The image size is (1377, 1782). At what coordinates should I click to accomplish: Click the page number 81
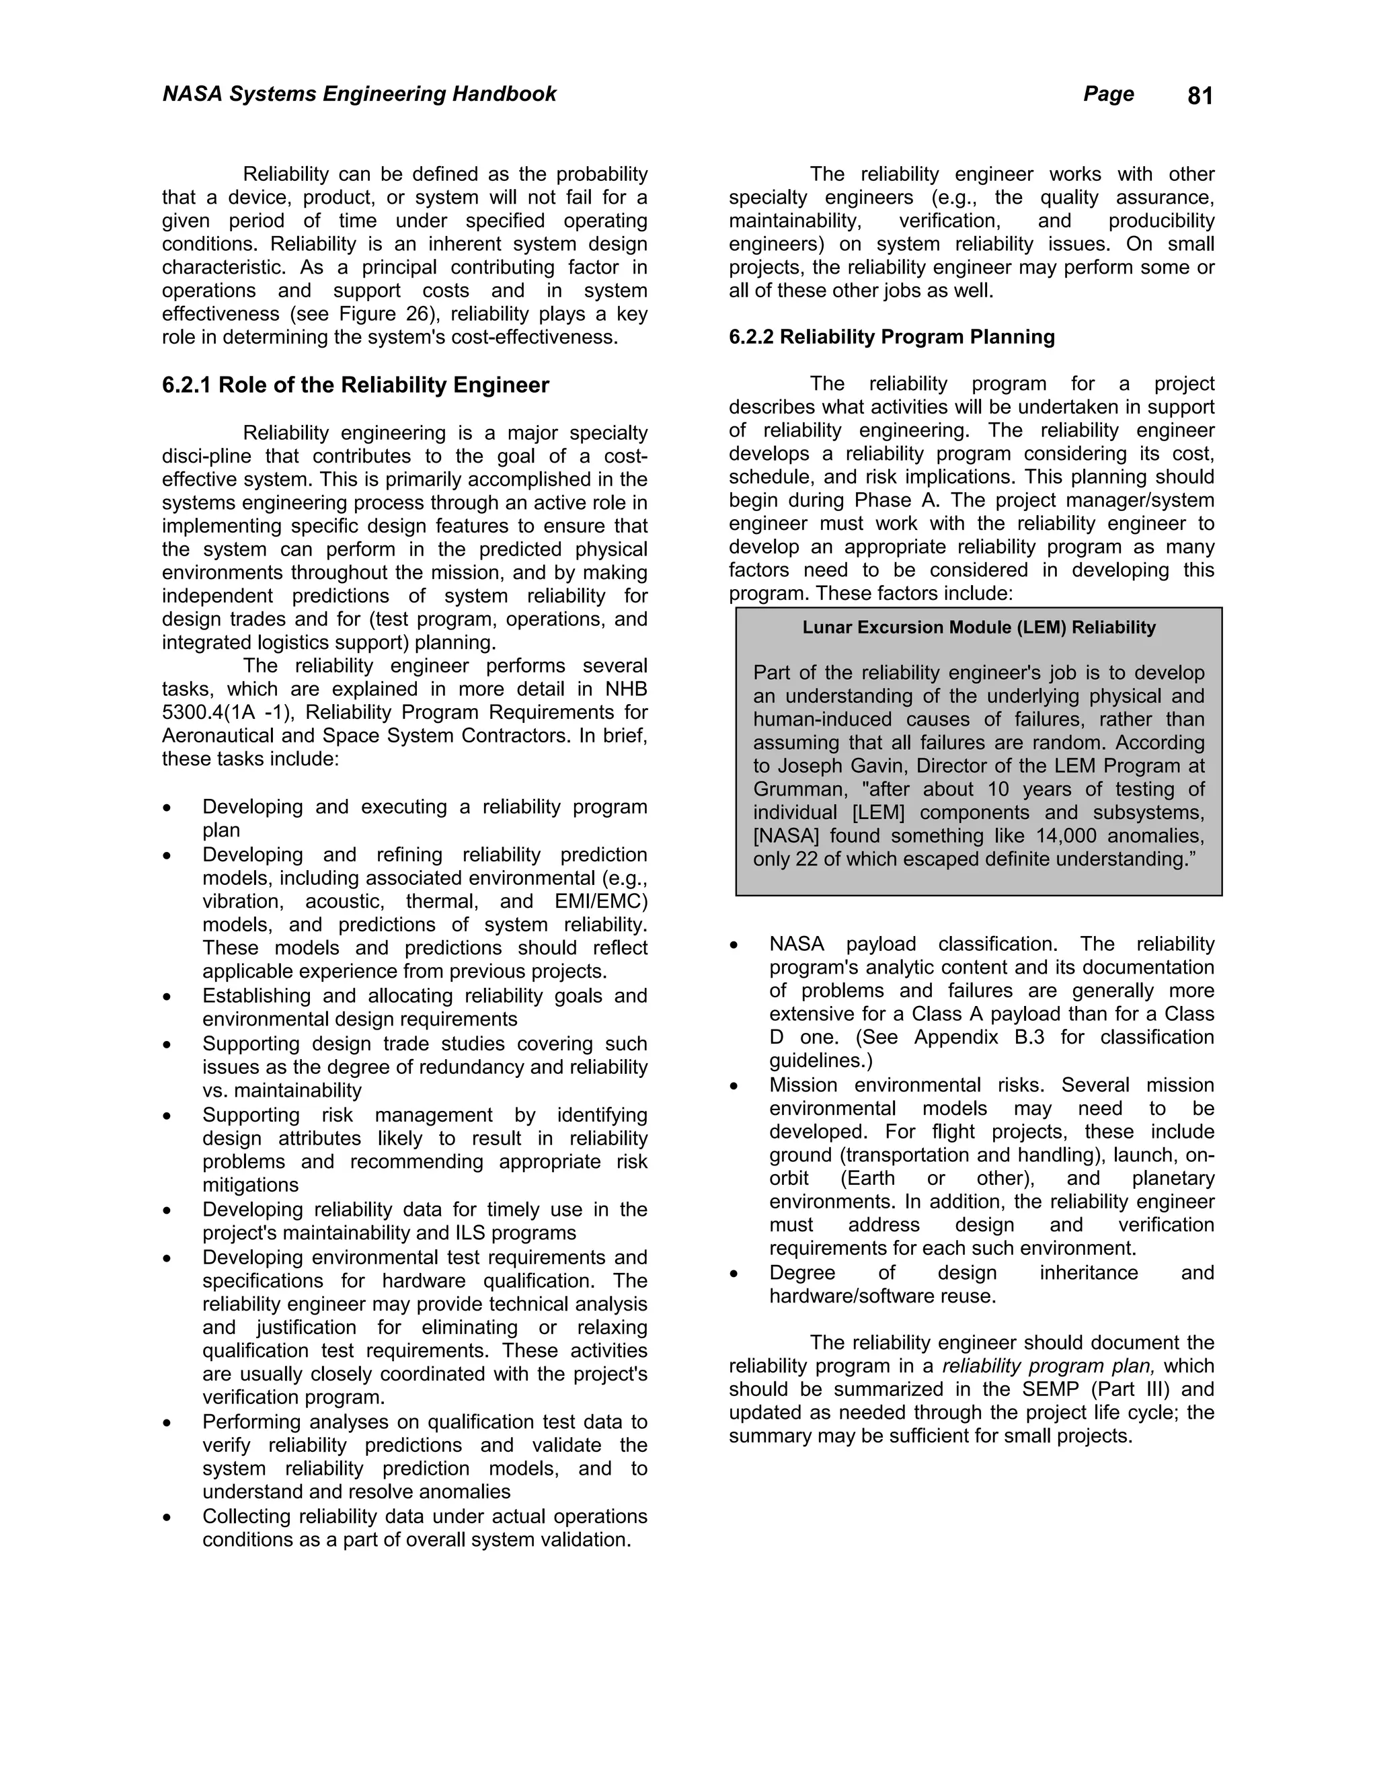(1199, 96)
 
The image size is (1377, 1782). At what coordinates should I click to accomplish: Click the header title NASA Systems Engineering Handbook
(359, 94)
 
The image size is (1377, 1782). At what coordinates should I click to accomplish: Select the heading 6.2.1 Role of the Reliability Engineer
(355, 385)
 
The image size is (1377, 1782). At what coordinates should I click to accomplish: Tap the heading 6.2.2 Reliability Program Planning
(892, 337)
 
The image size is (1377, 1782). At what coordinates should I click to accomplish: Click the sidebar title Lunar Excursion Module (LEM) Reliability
(979, 627)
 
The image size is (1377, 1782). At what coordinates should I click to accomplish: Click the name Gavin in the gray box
(894, 766)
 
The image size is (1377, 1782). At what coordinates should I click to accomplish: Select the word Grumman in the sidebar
(789, 790)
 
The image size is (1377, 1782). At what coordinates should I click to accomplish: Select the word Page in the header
(1108, 94)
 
